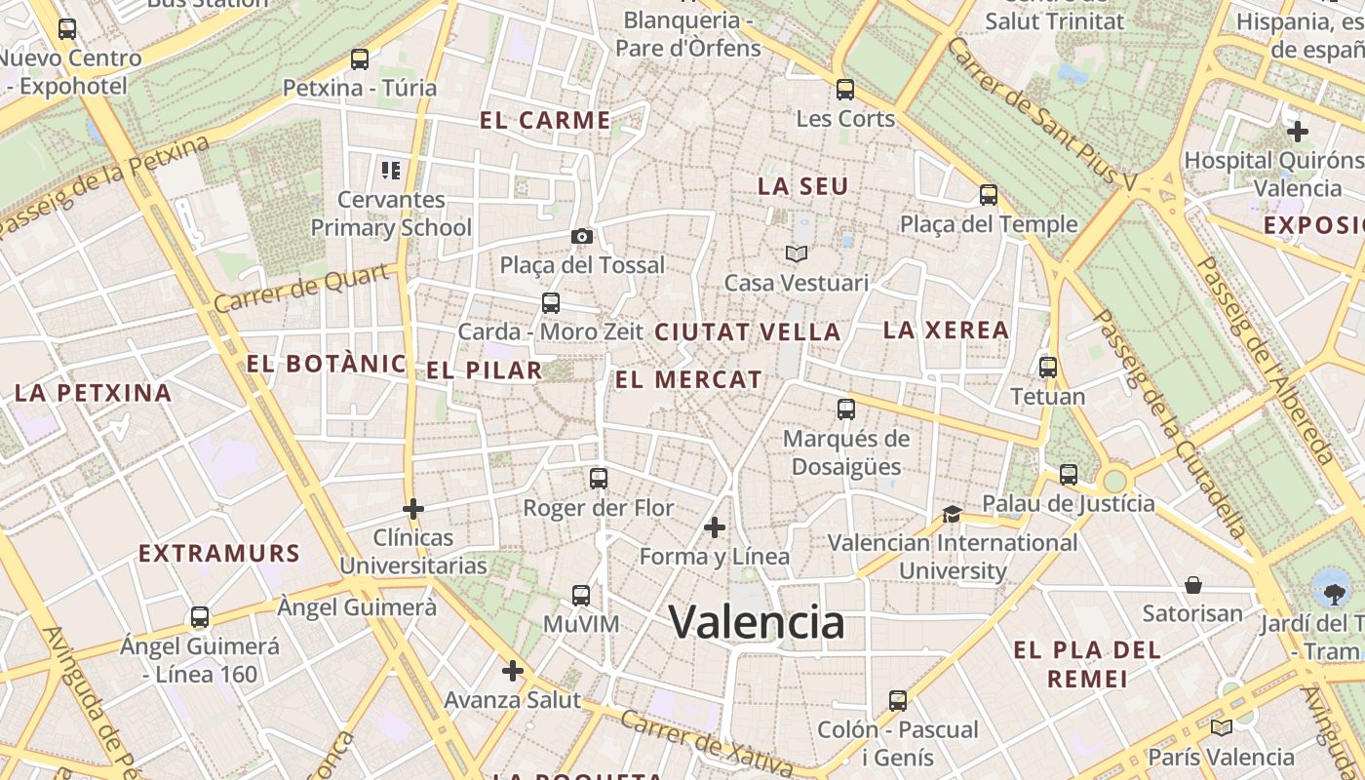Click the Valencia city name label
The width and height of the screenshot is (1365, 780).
[757, 622]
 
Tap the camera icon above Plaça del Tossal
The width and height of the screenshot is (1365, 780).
[582, 236]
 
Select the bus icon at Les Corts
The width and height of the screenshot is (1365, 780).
[845, 90]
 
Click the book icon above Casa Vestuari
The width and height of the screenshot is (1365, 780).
[797, 253]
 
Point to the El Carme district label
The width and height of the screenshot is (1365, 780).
[545, 121]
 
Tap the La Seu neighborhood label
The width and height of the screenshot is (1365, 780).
[803, 186]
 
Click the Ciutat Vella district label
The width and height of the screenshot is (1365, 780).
[747, 332]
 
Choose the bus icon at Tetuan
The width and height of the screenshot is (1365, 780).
[1048, 368]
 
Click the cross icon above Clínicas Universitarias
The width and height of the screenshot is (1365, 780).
[413, 509]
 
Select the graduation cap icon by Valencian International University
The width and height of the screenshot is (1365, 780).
[952, 514]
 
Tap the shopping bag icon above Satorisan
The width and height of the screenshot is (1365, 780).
[1193, 585]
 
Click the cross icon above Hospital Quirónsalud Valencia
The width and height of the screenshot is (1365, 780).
[1297, 132]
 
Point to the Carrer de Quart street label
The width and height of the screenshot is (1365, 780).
[302, 289]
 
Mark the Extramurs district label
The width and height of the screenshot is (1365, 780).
[218, 554]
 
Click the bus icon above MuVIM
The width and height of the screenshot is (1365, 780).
[581, 595]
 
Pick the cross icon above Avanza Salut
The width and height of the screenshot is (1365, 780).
[513, 671]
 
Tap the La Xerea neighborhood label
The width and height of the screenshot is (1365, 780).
[946, 331]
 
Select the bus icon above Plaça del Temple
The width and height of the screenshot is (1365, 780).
[989, 195]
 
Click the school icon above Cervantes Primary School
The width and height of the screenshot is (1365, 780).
[391, 172]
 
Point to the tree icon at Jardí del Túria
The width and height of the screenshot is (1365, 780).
[1330, 588]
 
